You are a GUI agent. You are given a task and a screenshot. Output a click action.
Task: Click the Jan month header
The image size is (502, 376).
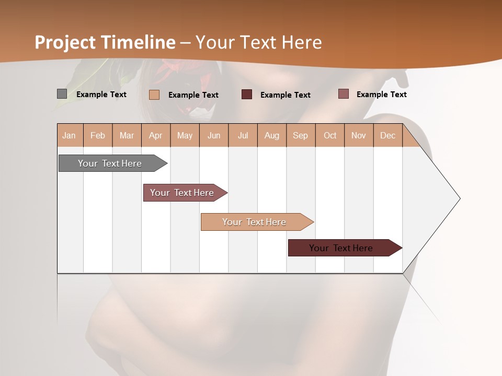point(69,135)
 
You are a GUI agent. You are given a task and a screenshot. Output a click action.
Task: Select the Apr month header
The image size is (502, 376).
point(155,135)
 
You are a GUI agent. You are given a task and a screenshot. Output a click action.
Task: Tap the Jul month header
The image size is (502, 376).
point(243,135)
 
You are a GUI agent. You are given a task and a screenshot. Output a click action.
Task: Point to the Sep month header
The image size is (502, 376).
point(300,135)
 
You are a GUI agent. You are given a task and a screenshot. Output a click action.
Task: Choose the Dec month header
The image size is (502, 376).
point(387,135)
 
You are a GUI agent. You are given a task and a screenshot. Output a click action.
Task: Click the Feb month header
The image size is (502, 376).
point(98,135)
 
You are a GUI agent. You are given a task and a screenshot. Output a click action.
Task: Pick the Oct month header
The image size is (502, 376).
point(330,135)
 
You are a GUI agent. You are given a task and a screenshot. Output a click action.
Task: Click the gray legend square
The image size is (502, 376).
point(62,94)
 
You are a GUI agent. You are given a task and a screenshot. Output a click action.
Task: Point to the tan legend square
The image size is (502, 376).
point(154,95)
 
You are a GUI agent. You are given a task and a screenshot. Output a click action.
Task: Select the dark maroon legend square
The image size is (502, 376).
point(247,94)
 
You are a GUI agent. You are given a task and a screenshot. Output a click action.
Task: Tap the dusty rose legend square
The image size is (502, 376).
point(343,94)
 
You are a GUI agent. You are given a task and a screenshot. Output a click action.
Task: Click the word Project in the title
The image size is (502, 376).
point(65,42)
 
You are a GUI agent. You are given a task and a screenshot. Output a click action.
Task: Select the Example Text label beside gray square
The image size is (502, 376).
point(101,95)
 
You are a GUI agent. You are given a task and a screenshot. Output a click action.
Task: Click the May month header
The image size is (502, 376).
point(185,135)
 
